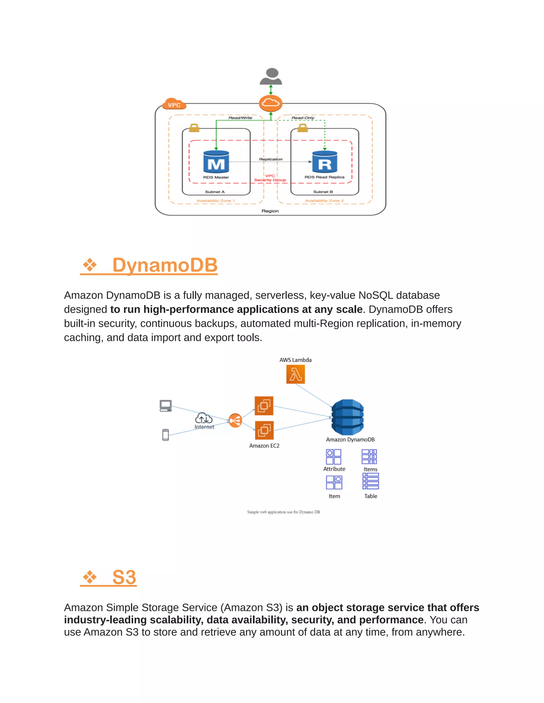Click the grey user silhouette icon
point(271,77)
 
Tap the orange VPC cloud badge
point(174,105)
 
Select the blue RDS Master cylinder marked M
point(216,162)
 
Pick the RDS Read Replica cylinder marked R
point(325,162)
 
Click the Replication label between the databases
point(271,159)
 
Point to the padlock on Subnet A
point(194,128)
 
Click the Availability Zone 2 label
point(324,201)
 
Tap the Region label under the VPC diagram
point(270,211)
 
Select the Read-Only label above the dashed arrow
point(303,118)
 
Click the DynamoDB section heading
point(165,265)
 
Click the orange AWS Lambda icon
point(296,375)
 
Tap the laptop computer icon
point(166,406)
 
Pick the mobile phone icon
point(166,435)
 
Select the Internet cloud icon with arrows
point(204,418)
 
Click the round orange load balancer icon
point(235,420)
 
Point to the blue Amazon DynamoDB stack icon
point(347,417)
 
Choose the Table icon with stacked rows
point(371,481)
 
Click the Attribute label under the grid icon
point(334,469)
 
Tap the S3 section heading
point(124,578)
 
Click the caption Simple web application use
point(283,512)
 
